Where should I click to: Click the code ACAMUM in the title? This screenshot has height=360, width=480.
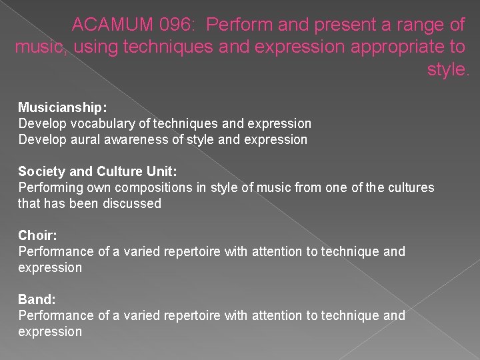coord(112,25)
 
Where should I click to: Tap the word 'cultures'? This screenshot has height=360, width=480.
coord(409,187)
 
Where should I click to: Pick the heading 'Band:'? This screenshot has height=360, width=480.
coord(35,299)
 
